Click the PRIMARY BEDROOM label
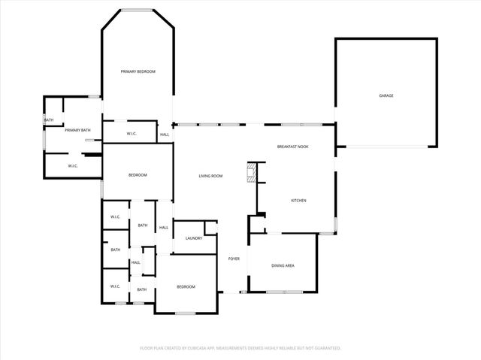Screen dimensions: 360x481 click(x=138, y=71)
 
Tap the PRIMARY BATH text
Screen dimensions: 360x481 click(x=77, y=130)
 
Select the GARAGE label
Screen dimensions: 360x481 click(x=386, y=95)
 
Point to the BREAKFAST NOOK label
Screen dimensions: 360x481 click(x=292, y=147)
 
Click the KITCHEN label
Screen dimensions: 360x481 click(x=298, y=200)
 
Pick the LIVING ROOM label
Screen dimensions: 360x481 click(x=210, y=176)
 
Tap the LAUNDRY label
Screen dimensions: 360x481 click(x=193, y=238)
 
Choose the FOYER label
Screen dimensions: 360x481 click(x=234, y=259)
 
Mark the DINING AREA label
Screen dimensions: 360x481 click(x=283, y=265)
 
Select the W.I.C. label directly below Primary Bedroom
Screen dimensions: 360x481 click(x=131, y=135)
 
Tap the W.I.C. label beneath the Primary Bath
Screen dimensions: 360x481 click(x=73, y=166)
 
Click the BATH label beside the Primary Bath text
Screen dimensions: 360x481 click(x=49, y=120)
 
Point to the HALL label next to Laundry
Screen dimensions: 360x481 click(x=163, y=228)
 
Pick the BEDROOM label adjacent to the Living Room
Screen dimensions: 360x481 click(x=138, y=175)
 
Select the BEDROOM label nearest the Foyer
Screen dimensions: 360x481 click(x=186, y=286)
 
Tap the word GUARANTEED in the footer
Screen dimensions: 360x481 click(x=325, y=348)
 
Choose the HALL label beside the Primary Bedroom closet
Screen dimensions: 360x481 click(x=164, y=135)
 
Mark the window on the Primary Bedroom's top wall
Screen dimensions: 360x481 click(x=138, y=10)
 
